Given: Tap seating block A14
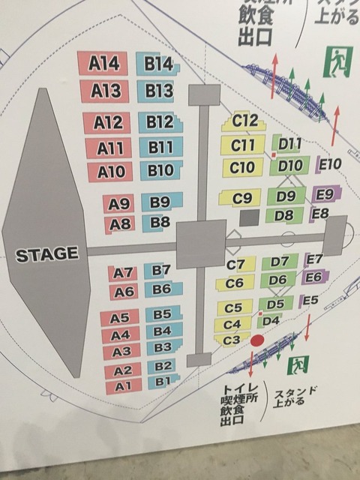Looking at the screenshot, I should point(104,64).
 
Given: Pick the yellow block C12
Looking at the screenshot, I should point(244,120).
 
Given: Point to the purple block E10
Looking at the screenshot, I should point(330,163).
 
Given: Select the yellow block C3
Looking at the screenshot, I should point(232,340).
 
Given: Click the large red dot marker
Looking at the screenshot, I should point(257,340).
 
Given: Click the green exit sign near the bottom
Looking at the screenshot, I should point(300,365).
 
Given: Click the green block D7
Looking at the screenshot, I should point(279,261).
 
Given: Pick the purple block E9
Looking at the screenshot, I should point(324,194).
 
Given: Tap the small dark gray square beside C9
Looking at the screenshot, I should point(249,217).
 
